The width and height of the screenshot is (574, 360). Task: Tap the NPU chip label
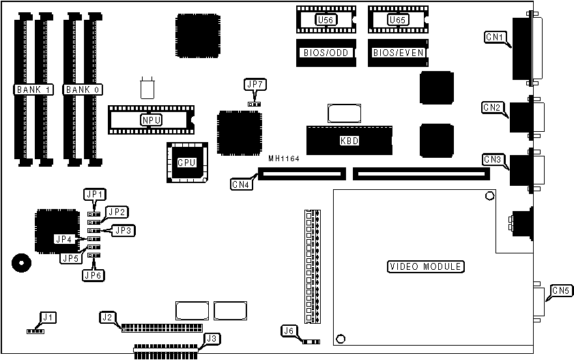(151, 120)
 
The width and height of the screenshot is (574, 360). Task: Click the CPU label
(186, 163)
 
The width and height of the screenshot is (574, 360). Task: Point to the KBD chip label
(349, 141)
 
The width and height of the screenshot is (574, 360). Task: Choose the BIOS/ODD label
(326, 52)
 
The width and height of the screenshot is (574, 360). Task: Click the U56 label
(326, 20)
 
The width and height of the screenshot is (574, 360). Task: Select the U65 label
(397, 20)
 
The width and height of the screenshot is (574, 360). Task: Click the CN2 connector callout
(493, 107)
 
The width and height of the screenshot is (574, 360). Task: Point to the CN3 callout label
(493, 159)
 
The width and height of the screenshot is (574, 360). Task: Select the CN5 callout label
(560, 290)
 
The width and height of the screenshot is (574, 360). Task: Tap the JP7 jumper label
(255, 84)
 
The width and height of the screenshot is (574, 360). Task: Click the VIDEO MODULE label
(425, 266)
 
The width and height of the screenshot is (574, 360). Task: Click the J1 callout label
(47, 317)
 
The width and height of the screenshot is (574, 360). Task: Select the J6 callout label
(289, 331)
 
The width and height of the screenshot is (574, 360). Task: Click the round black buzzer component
(20, 262)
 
